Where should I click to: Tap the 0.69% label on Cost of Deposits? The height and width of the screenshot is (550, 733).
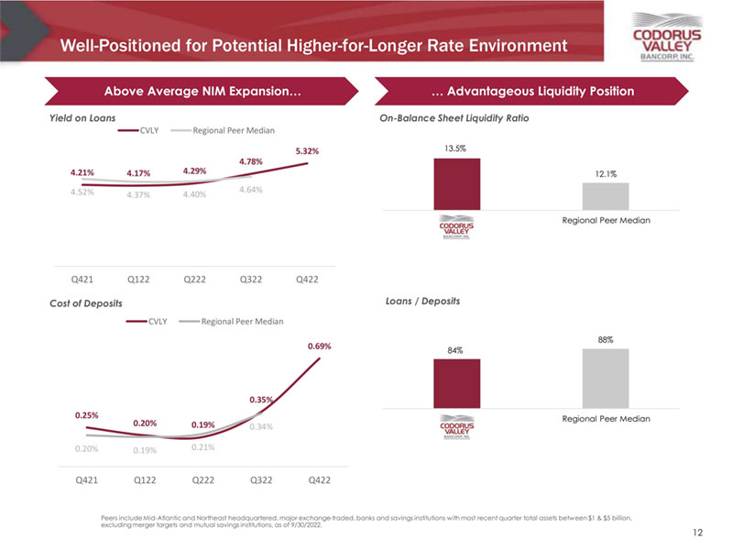(319, 346)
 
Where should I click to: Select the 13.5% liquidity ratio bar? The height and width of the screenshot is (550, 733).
(456, 184)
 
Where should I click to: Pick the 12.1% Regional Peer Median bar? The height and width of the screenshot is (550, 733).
(606, 196)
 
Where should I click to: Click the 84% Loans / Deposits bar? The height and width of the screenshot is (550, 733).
(456, 383)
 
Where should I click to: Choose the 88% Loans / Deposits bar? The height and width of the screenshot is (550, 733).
(606, 378)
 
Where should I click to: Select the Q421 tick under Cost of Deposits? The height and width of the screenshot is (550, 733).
(86, 478)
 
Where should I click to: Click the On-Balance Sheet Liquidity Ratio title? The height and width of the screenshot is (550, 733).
(454, 118)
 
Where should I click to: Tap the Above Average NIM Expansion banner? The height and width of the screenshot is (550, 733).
(203, 91)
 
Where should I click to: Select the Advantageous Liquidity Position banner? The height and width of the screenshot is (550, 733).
(532, 91)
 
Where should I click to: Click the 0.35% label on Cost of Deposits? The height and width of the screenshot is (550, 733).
(261, 400)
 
